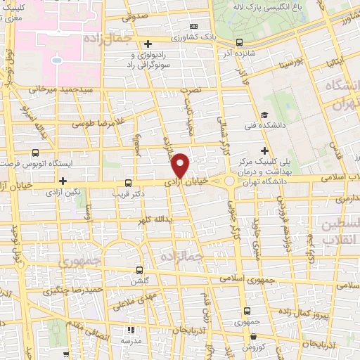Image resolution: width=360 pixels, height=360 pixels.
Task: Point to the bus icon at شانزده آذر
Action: point(240,41)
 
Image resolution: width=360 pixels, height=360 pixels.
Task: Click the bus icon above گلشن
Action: point(139,270)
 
